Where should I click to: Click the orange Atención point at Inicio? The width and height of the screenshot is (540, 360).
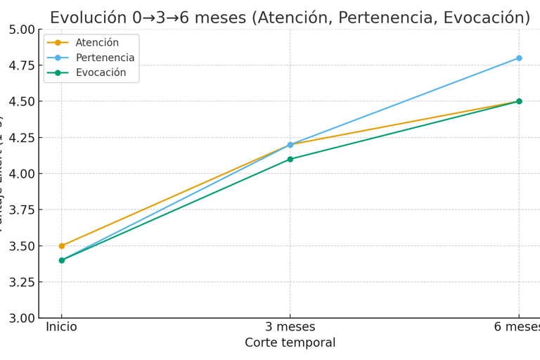(x=62, y=246)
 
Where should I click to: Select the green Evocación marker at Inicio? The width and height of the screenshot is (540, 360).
(x=62, y=260)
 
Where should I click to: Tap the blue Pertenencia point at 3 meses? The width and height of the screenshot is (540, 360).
(x=290, y=145)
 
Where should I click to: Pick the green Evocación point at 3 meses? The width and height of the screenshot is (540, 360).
(x=290, y=159)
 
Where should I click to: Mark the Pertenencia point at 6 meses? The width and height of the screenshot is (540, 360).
(x=519, y=58)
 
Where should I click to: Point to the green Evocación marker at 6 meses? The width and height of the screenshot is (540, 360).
(x=519, y=101)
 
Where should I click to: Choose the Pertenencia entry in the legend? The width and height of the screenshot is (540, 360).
(x=105, y=58)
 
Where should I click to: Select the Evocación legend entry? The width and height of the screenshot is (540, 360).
(x=101, y=72)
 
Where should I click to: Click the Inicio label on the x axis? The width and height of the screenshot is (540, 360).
(x=62, y=327)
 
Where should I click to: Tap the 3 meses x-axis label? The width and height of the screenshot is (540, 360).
(x=290, y=327)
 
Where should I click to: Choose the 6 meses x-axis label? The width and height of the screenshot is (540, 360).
(x=517, y=327)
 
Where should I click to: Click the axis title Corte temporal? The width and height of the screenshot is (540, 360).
(x=290, y=343)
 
